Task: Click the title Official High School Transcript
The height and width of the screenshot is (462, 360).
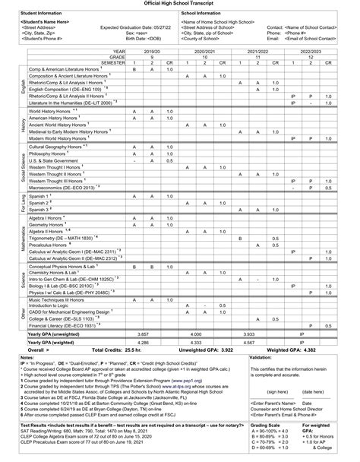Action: (x=179, y=4)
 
